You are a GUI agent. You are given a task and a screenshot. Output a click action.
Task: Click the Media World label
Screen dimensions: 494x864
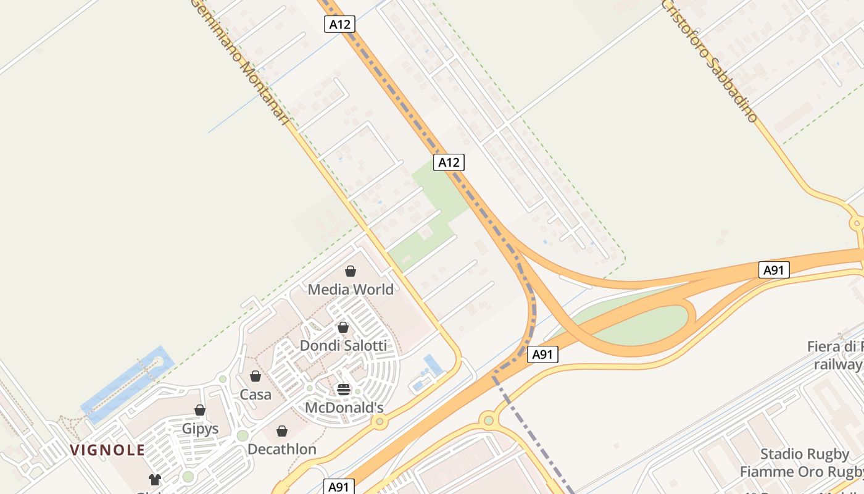tap(351, 290)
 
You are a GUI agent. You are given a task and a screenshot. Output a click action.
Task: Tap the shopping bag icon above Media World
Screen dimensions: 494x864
tap(351, 271)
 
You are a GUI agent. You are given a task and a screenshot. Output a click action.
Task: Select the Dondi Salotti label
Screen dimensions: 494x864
tap(343, 345)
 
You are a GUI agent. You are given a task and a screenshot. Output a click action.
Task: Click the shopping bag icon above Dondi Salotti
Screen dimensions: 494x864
tap(343, 327)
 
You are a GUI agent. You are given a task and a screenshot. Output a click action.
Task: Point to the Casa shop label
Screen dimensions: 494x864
tap(255, 394)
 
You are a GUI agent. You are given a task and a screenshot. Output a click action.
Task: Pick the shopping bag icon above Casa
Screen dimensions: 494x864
tap(255, 376)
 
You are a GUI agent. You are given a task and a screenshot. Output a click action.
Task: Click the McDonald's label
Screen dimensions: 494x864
tap(344, 408)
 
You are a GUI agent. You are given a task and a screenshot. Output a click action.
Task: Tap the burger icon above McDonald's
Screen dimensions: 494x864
tap(344, 390)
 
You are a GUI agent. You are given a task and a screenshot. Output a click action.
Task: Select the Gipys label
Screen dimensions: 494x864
tap(200, 428)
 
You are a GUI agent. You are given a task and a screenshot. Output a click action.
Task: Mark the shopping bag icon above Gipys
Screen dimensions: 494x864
tap(200, 410)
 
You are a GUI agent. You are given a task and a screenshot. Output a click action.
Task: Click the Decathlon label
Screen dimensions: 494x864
tap(282, 449)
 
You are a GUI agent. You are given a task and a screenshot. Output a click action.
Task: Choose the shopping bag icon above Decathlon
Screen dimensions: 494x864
tap(282, 431)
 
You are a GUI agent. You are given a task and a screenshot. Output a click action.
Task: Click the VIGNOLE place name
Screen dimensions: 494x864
tap(107, 450)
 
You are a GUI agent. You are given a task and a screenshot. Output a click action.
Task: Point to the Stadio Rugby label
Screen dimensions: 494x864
tap(804, 454)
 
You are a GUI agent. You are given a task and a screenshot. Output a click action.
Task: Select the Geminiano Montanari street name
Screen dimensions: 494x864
tap(240, 62)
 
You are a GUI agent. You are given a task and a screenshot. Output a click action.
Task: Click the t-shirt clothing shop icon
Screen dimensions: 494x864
tap(154, 480)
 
